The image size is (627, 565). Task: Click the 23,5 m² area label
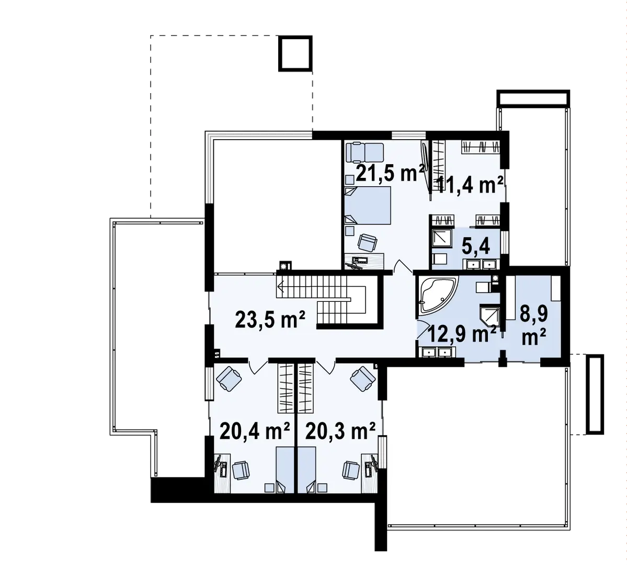(x=270, y=319)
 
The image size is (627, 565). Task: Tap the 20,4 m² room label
(x=255, y=432)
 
